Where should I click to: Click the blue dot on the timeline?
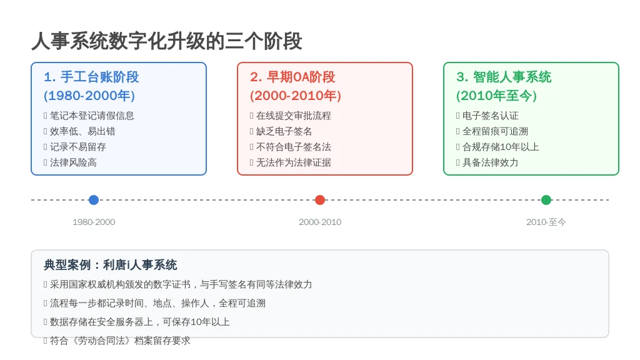pyautogui.click(x=94, y=200)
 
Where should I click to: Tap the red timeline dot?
pyautogui.click(x=320, y=200)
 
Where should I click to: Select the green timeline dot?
pyautogui.click(x=546, y=200)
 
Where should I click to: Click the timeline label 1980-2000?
pyautogui.click(x=94, y=222)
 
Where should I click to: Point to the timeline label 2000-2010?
pyautogui.click(x=320, y=222)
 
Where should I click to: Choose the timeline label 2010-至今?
pyautogui.click(x=546, y=222)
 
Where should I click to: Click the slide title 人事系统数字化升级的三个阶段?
pyautogui.click(x=166, y=41)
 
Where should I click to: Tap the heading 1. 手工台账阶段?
pyautogui.click(x=91, y=77)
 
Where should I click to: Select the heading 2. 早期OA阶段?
pyautogui.click(x=292, y=77)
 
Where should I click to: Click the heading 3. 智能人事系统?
pyautogui.click(x=504, y=77)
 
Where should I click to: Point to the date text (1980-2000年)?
pyautogui.click(x=89, y=96)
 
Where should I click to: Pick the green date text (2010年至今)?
pyautogui.click(x=496, y=96)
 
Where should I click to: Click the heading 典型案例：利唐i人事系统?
pyautogui.click(x=111, y=265)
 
